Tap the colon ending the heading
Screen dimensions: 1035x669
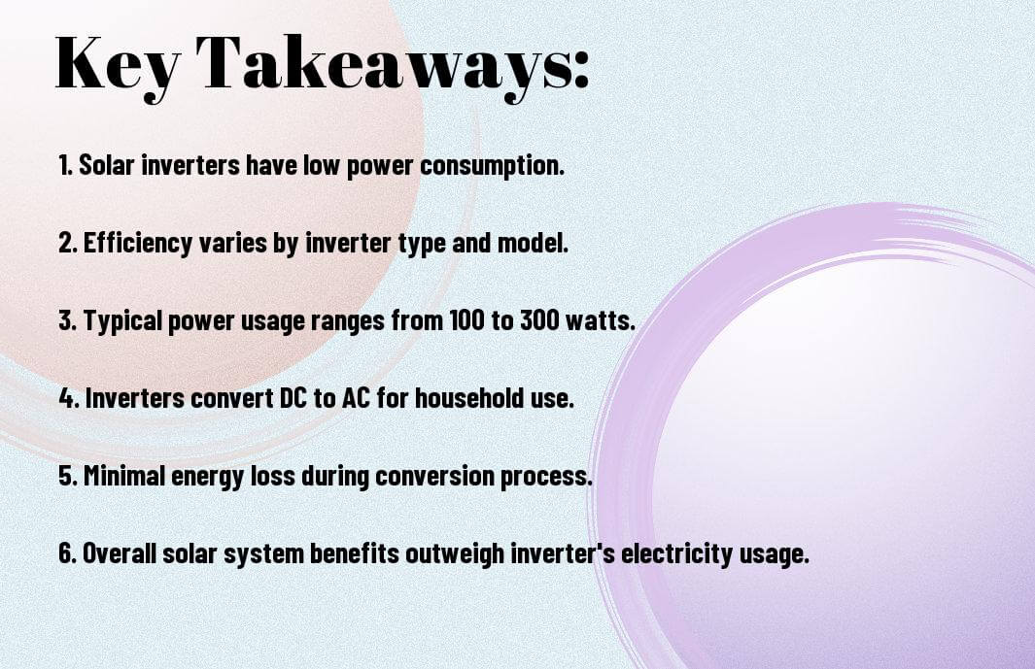coord(581,69)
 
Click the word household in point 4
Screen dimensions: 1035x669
coord(469,398)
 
